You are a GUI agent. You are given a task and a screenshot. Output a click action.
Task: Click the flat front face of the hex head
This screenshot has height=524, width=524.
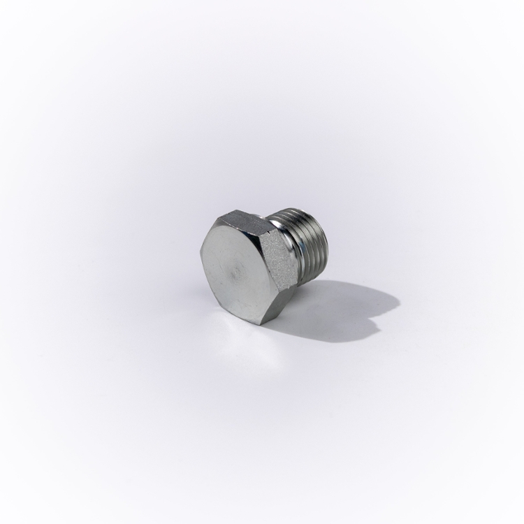coord(234,269)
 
